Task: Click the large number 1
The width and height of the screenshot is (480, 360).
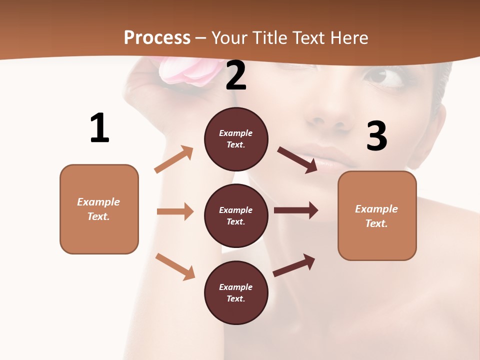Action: pos(99,128)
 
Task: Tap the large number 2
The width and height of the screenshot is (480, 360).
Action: pos(236,76)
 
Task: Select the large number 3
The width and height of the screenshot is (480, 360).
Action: pos(376,136)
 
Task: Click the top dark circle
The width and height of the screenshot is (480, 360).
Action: pos(236,139)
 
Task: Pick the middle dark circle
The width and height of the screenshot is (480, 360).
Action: pos(236,215)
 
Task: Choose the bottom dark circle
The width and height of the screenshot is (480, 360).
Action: pos(236,292)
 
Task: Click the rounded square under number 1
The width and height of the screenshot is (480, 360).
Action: pos(99,209)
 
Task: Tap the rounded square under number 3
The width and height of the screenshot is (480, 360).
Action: pos(377,215)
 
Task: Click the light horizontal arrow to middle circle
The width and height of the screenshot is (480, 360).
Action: pos(175,211)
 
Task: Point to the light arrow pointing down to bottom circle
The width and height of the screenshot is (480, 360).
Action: pos(175,266)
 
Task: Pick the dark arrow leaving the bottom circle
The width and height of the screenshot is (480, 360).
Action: pos(294,265)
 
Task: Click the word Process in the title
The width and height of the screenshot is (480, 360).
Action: pos(157,37)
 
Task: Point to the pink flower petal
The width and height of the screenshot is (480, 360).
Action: pos(186,72)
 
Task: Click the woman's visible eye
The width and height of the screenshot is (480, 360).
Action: pos(383,77)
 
